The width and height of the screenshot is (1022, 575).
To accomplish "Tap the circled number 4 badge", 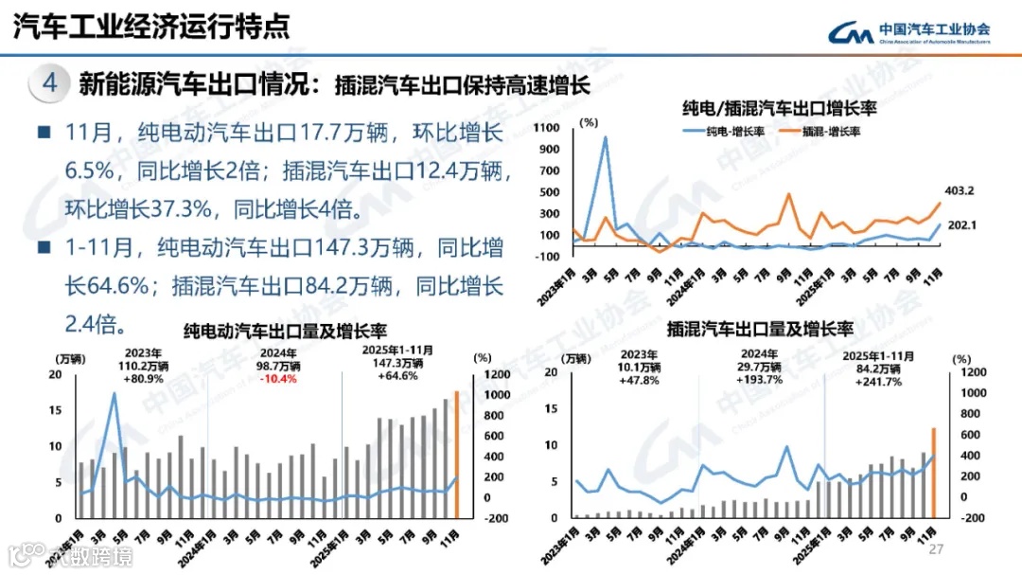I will click(50, 82).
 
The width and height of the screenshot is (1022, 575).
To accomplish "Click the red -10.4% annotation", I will click(277, 379).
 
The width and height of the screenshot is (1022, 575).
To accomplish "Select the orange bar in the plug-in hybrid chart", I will click(933, 474).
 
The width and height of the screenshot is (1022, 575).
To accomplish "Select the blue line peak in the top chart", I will click(605, 138).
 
